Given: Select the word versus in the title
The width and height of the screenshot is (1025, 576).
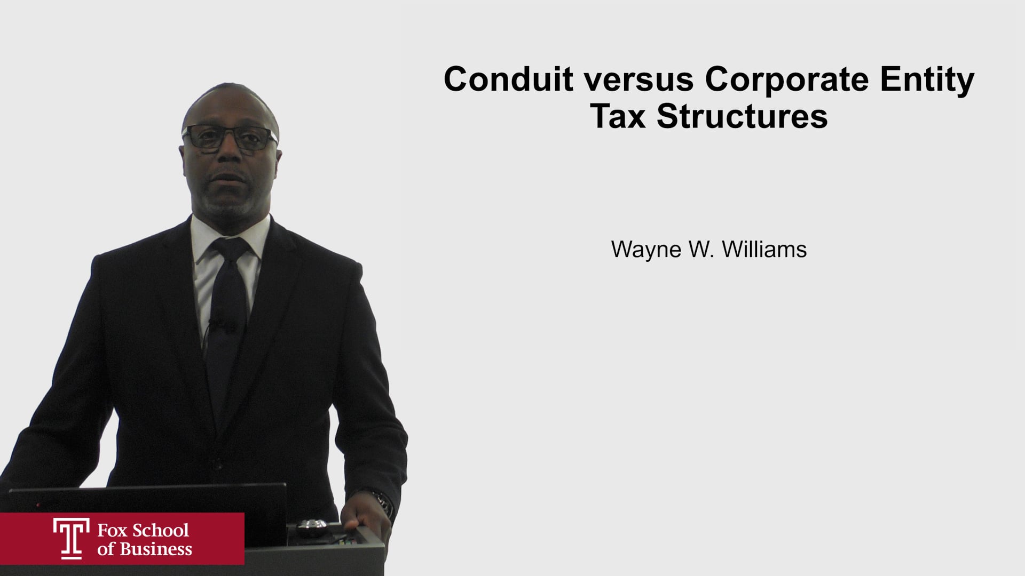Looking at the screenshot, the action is (638, 80).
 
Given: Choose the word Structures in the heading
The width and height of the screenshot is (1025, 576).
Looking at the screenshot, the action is (742, 116).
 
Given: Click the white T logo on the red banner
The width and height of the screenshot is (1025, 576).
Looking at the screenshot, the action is (71, 538).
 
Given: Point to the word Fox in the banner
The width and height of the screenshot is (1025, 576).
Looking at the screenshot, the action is (112, 530).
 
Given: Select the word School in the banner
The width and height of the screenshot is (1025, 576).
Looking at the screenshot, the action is (161, 530).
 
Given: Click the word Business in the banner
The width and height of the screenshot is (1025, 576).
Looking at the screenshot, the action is (155, 549).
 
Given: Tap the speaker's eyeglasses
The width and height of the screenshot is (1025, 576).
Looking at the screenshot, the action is (230, 138).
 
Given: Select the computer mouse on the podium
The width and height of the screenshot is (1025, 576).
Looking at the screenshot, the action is (312, 527).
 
